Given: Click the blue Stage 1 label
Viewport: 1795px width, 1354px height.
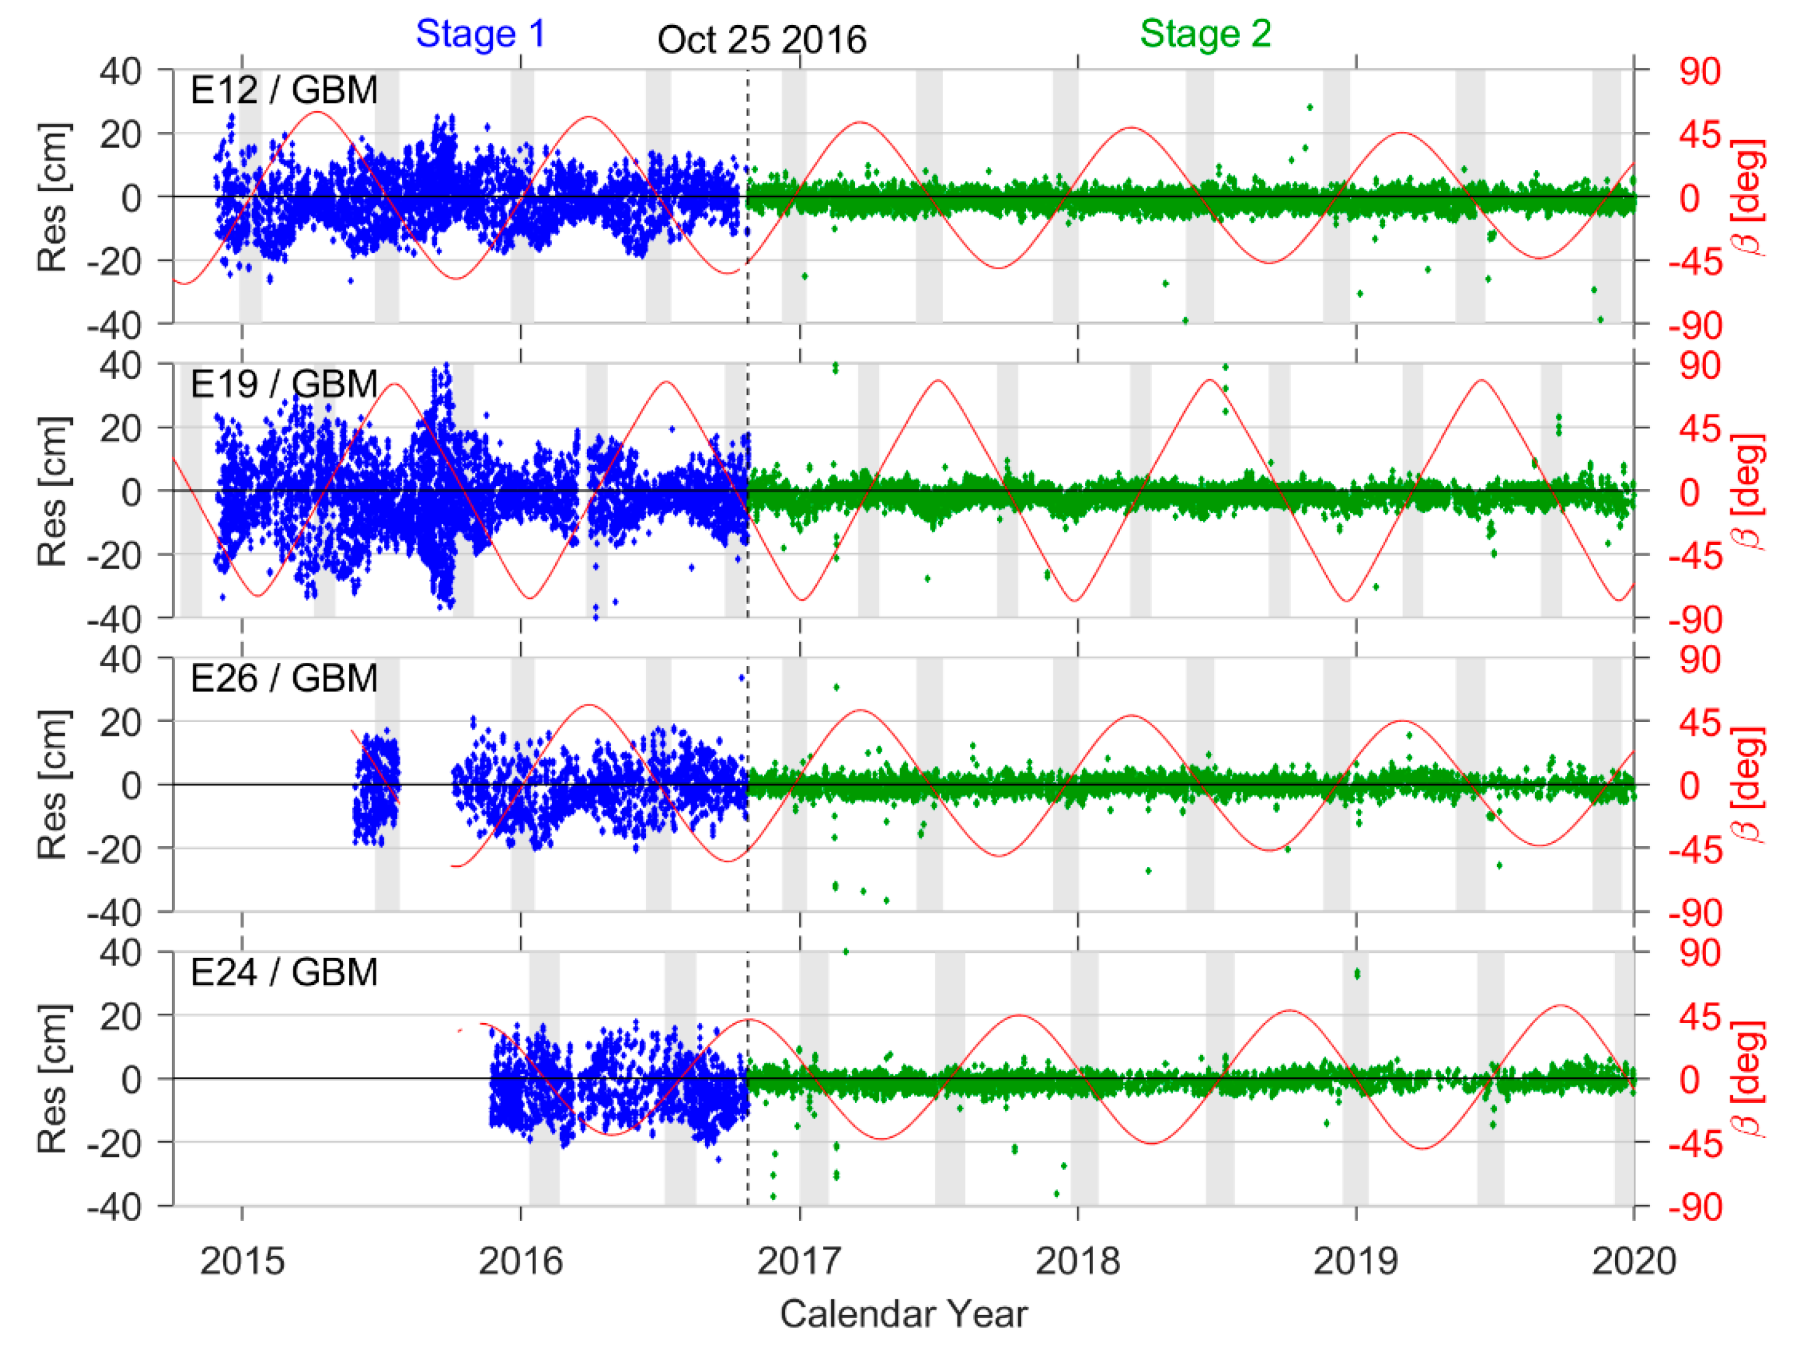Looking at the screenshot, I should (x=480, y=34).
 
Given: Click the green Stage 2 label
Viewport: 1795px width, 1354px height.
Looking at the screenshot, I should (x=1204, y=34).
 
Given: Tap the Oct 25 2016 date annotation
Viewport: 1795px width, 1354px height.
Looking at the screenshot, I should (x=761, y=40).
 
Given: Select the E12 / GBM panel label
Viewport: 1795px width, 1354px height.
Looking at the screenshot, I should (x=283, y=90).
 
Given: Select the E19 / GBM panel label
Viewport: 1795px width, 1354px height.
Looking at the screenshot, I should (x=283, y=384).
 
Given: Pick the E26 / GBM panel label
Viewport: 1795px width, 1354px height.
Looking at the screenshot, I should (x=283, y=678).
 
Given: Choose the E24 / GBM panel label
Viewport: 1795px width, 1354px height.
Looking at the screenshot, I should (x=283, y=972).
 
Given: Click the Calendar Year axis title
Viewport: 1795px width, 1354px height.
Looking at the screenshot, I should (x=903, y=1313).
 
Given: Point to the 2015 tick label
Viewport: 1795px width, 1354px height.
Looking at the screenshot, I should (x=242, y=1260).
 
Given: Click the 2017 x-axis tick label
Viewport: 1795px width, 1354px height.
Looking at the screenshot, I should (x=799, y=1260).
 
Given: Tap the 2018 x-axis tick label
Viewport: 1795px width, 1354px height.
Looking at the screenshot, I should (x=1077, y=1260).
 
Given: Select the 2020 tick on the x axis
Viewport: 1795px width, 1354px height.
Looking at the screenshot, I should (x=1634, y=1260).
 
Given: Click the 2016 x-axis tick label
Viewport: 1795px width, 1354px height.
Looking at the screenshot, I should (x=520, y=1260).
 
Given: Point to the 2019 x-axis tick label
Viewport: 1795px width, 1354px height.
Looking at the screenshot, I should (x=1355, y=1260).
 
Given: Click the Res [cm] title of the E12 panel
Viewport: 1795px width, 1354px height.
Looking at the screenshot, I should (x=53, y=197).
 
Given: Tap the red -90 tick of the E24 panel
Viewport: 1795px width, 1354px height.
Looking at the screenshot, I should (x=1695, y=1208).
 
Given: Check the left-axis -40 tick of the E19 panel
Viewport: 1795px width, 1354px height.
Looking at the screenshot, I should (x=114, y=620).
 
